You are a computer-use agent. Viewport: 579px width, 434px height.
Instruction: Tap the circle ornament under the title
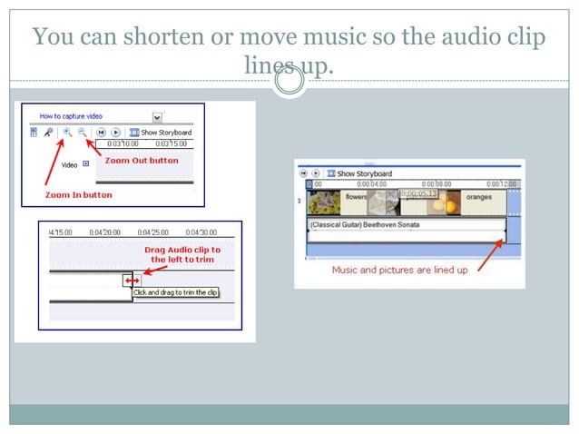click(289, 82)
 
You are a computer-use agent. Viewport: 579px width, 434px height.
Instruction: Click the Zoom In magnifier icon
click(67, 133)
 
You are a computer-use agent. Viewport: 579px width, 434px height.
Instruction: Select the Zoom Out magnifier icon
click(82, 133)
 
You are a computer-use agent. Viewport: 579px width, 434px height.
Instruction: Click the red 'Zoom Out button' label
click(142, 161)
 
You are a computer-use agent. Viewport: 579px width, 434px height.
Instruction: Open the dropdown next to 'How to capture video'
click(157, 117)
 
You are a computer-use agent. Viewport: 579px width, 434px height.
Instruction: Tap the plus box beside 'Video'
click(86, 164)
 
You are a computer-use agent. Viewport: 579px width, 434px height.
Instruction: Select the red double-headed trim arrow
click(132, 281)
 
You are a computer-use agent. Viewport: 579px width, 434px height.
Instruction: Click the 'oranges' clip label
click(477, 195)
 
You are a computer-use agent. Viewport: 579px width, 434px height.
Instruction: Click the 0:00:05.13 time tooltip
click(418, 193)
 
